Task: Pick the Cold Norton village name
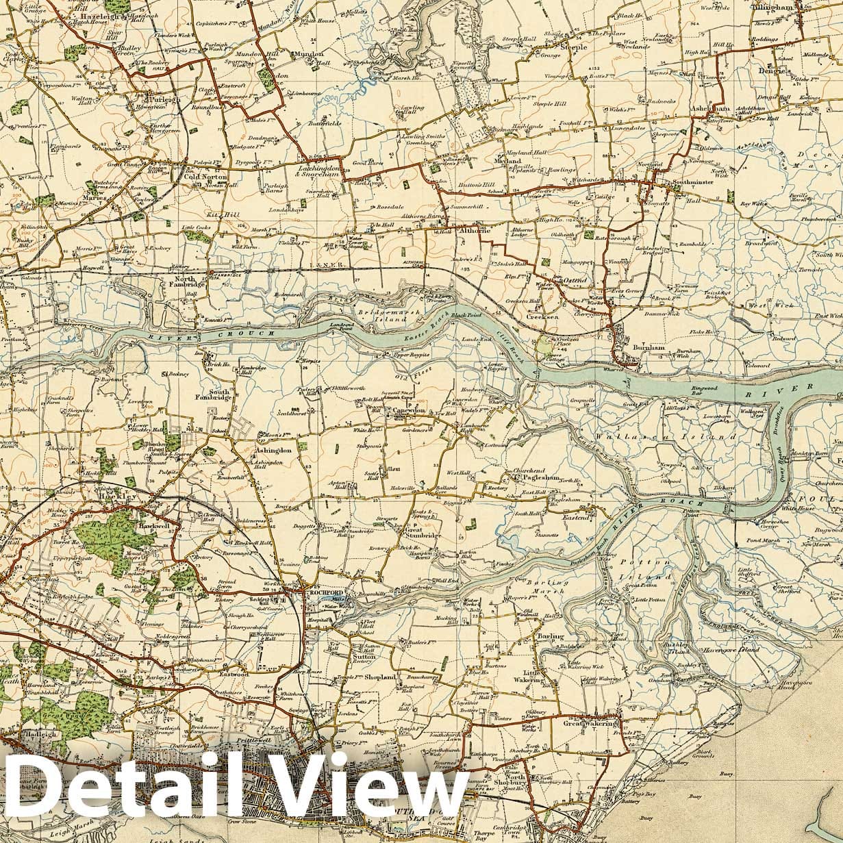pyautogui.click(x=205, y=177)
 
